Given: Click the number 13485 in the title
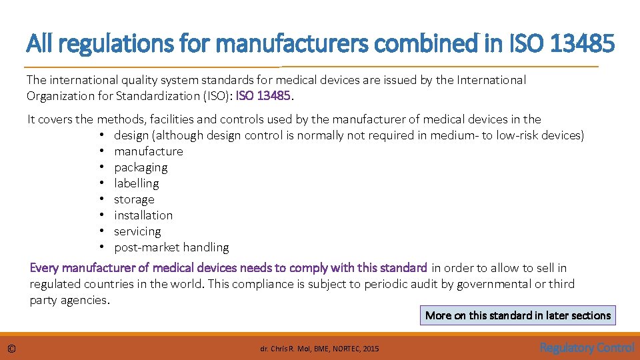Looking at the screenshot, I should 583,44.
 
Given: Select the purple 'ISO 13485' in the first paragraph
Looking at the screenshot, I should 263,96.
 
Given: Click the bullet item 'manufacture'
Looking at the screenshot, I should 148,151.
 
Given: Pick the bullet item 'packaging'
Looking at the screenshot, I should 141,167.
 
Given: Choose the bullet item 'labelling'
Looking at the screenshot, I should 136,183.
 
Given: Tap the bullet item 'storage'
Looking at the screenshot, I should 134,199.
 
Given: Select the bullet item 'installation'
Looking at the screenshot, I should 143,215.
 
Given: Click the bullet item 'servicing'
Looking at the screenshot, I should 137,231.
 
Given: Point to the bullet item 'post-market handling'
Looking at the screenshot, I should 171,247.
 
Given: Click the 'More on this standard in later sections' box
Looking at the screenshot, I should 518,315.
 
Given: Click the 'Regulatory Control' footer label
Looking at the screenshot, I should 587,347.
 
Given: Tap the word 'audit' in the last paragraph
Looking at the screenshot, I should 383,284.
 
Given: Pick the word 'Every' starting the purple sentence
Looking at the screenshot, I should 45,268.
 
